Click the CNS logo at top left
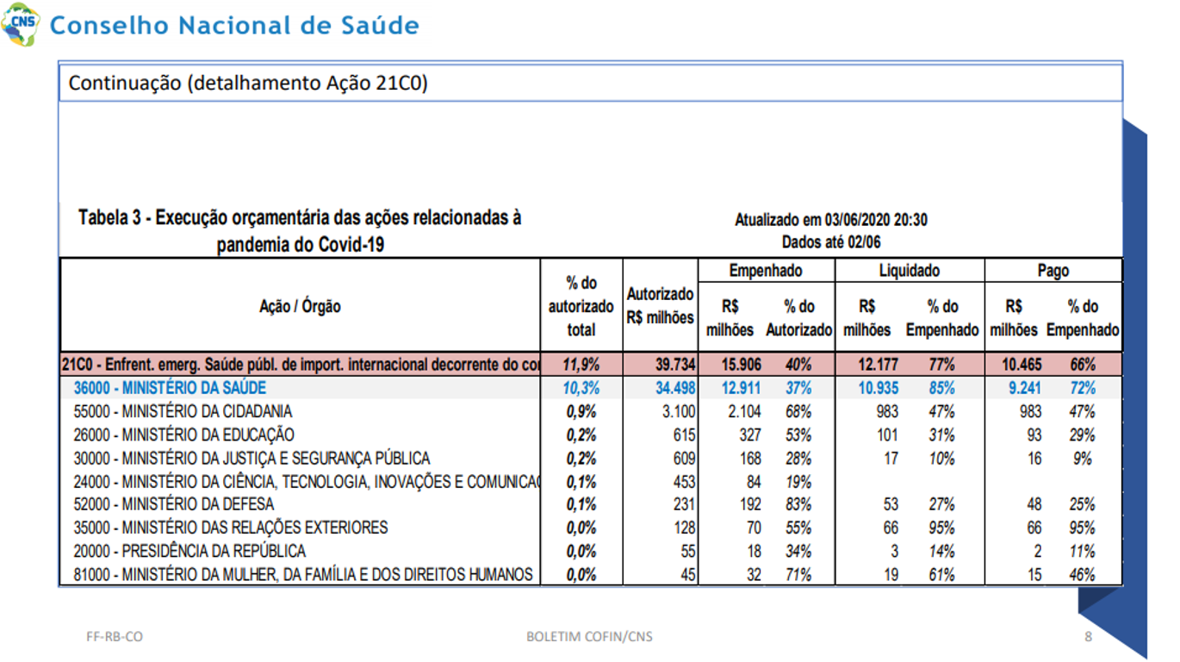pos(21,24)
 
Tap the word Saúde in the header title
pos(380,25)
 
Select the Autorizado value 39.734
pos(675,365)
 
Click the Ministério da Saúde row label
pos(170,388)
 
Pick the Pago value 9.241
pos(1025,388)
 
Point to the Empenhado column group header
pos(766,271)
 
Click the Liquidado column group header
pos(910,271)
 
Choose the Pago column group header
pos(1053,271)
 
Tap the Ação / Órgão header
pos(300,306)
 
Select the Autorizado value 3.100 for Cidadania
pos(679,411)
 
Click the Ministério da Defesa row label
pos(173,504)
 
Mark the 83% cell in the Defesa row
pos(798,504)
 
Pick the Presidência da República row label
pos(189,552)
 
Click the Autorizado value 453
pos(684,482)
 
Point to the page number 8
pos(1089,637)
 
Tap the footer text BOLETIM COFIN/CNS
pos(589,637)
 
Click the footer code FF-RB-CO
pos(115,637)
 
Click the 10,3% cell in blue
pos(581,388)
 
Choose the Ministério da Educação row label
pos(183,434)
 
